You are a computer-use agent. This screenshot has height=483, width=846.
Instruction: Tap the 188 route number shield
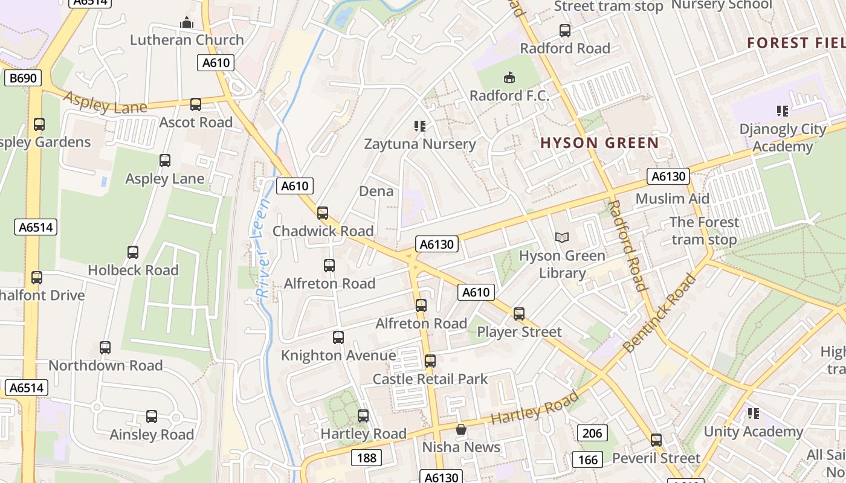(367, 458)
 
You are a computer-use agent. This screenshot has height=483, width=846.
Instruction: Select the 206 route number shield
(593, 433)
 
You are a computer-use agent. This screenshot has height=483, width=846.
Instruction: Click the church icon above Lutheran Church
(187, 23)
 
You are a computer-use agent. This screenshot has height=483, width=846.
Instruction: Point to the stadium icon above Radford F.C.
(509, 77)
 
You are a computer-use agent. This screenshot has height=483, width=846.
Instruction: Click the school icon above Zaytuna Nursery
(420, 126)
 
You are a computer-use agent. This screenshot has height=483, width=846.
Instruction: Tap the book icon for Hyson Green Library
(562, 238)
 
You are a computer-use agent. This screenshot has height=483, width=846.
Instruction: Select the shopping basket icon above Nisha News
(461, 429)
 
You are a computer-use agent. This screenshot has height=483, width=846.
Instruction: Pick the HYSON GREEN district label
(599, 143)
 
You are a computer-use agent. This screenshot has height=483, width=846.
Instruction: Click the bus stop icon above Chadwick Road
(323, 213)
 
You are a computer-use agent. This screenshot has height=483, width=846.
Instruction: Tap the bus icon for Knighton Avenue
(338, 337)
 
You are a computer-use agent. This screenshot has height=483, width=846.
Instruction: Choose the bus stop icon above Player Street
(519, 314)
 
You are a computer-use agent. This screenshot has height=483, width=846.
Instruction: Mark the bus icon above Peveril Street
(656, 440)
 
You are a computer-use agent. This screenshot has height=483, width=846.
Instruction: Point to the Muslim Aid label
(672, 199)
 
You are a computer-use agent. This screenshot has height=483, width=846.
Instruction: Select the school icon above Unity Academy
(753, 414)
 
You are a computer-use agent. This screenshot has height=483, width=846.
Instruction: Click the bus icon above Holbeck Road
(133, 252)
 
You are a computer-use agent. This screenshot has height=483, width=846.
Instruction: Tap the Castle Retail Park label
(430, 379)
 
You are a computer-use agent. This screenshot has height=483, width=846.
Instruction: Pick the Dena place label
(376, 191)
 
